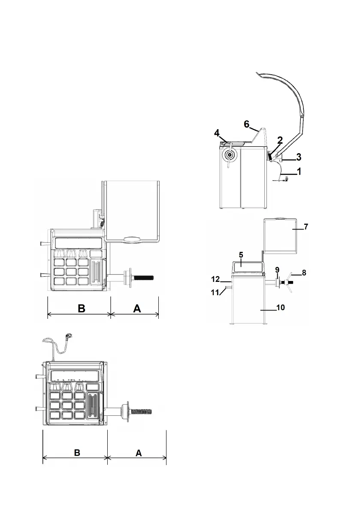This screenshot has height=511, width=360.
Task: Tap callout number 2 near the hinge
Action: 280,140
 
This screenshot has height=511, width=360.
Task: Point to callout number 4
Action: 218,133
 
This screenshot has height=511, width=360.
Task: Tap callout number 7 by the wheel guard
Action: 306,226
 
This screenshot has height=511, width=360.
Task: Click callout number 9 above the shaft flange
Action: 277,269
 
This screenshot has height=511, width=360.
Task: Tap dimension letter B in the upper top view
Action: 81,309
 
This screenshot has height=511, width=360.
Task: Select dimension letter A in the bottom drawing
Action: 138,453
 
